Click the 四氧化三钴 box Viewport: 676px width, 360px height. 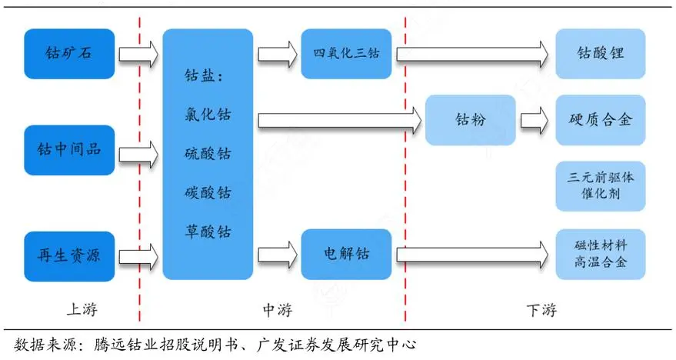(x=346, y=55)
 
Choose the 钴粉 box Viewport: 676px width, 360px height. (x=470, y=120)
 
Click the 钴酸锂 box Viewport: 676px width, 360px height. (x=600, y=55)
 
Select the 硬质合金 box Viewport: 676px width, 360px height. (x=600, y=120)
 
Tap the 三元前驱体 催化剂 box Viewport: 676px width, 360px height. (x=600, y=186)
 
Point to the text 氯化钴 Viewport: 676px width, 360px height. (x=208, y=115)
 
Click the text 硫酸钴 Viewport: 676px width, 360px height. (x=208, y=154)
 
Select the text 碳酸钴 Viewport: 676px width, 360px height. (x=208, y=192)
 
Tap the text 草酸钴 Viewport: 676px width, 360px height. (x=208, y=232)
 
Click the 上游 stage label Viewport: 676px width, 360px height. (x=82, y=310)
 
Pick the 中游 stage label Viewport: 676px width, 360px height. (x=277, y=310)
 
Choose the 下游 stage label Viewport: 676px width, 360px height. (x=541, y=310)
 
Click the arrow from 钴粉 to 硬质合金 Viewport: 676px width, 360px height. (x=534, y=120)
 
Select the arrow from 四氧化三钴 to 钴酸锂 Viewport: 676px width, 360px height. (x=471, y=55)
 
